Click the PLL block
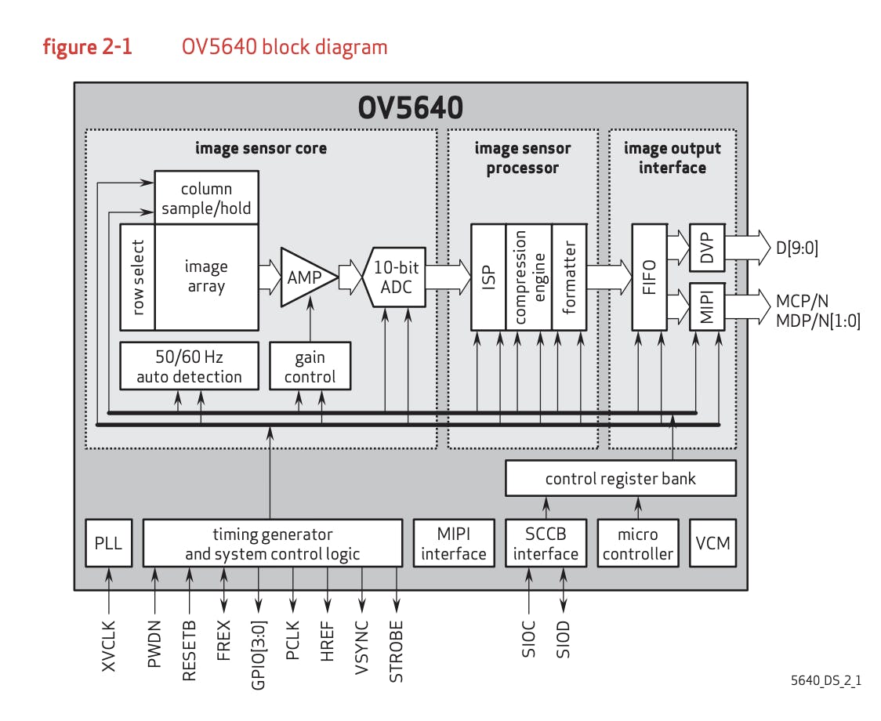[108, 543]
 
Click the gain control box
[310, 367]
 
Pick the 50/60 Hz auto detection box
[189, 367]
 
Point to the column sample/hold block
[206, 197]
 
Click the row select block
[138, 277]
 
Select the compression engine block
[528, 277]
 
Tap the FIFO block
[648, 277]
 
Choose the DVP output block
[707, 247]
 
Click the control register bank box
[620, 478]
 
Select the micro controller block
[638, 543]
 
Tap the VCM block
[712, 543]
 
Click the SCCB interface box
[546, 543]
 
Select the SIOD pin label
[563, 639]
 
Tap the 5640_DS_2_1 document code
[826, 680]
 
